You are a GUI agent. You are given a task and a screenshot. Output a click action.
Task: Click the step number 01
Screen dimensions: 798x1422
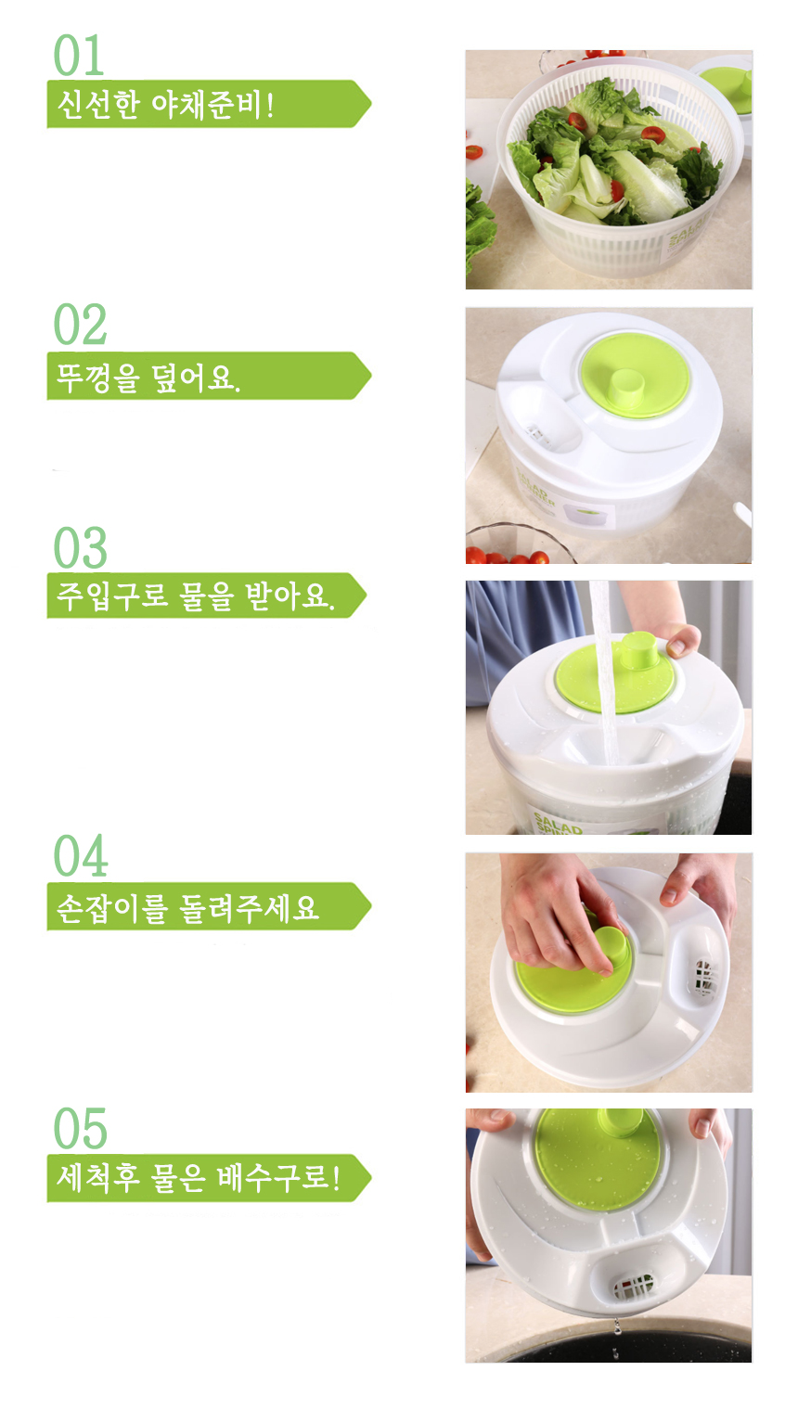(79, 56)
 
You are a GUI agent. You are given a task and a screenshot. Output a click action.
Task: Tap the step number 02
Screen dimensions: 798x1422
(80, 325)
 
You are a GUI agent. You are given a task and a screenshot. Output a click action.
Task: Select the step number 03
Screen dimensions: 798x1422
(80, 548)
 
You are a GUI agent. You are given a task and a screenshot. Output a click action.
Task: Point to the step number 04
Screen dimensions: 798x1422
(80, 856)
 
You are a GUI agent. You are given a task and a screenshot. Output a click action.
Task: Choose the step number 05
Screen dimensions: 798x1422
(80, 1128)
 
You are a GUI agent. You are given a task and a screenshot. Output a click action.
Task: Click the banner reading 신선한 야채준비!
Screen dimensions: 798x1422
(209, 104)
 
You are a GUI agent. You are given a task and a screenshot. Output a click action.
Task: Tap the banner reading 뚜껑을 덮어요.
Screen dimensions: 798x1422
(209, 376)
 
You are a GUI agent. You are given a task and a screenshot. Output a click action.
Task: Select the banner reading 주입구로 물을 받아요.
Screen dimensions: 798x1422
(207, 596)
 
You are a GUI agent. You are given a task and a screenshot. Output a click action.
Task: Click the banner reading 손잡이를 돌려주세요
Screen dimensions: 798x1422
(209, 906)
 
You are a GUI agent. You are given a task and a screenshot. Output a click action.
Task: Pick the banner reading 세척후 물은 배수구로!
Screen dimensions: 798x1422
(209, 1178)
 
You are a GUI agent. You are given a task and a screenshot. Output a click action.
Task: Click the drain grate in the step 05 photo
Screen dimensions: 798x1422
(632, 1287)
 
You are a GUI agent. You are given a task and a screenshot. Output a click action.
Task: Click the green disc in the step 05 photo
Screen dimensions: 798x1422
(598, 1160)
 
